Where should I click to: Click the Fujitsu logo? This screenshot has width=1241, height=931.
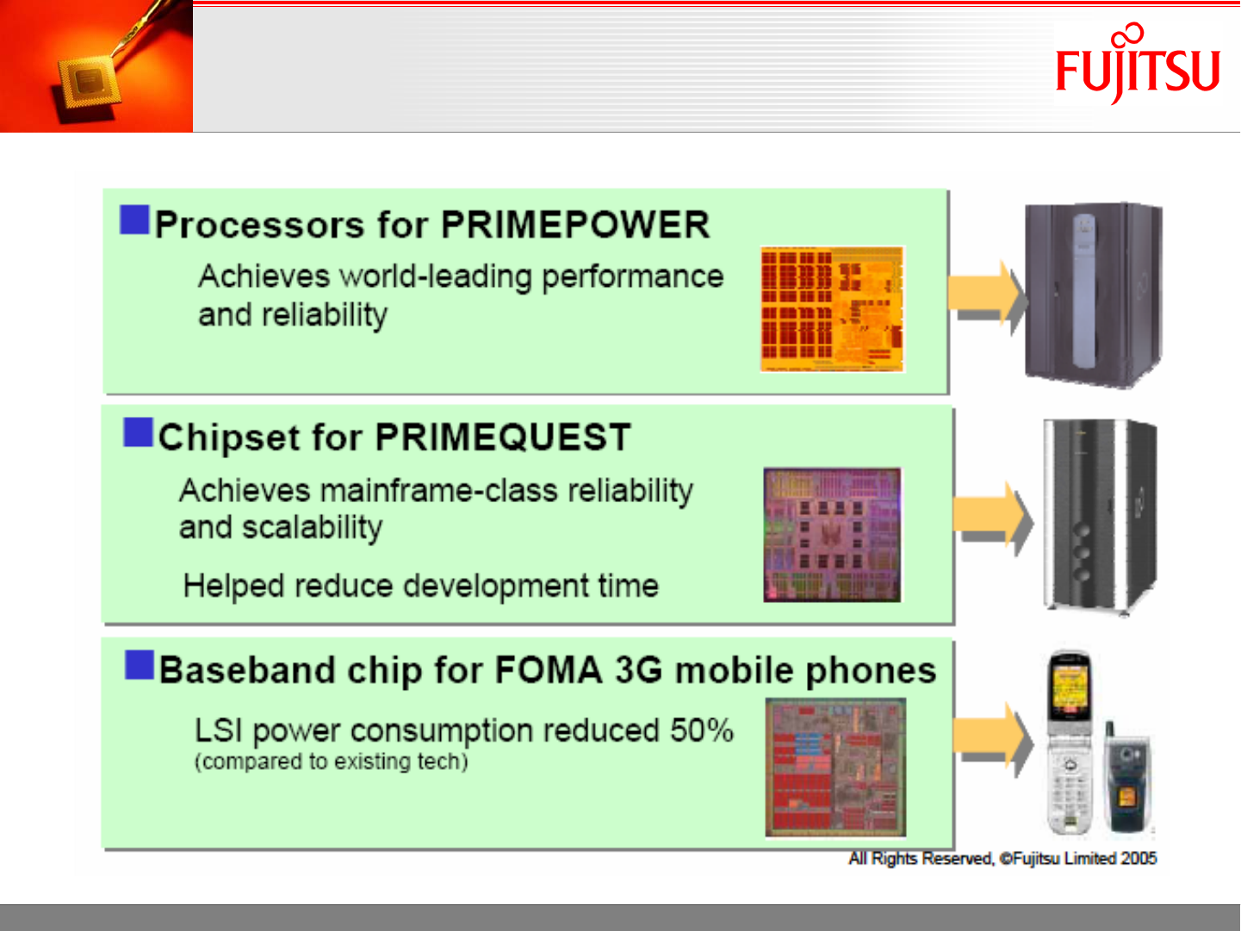[1138, 65]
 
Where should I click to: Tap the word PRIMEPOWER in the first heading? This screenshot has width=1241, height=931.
[575, 225]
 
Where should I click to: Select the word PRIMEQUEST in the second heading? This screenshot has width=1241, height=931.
[503, 437]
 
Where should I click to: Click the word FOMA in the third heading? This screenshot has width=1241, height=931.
[549, 670]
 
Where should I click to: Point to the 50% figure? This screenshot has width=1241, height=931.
[702, 729]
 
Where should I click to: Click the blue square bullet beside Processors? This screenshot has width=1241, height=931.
[134, 220]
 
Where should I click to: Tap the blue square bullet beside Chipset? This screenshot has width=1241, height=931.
[138, 432]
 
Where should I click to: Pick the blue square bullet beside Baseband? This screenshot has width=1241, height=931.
[140, 665]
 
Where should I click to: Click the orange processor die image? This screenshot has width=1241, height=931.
[832, 309]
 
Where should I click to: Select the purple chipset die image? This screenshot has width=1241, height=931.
[832, 535]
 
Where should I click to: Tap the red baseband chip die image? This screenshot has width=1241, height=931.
[835, 767]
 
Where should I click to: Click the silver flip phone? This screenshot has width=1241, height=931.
[1069, 742]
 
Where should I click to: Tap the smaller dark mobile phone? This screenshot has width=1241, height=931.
[1127, 778]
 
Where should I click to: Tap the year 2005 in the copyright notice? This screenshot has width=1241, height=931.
[1139, 859]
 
